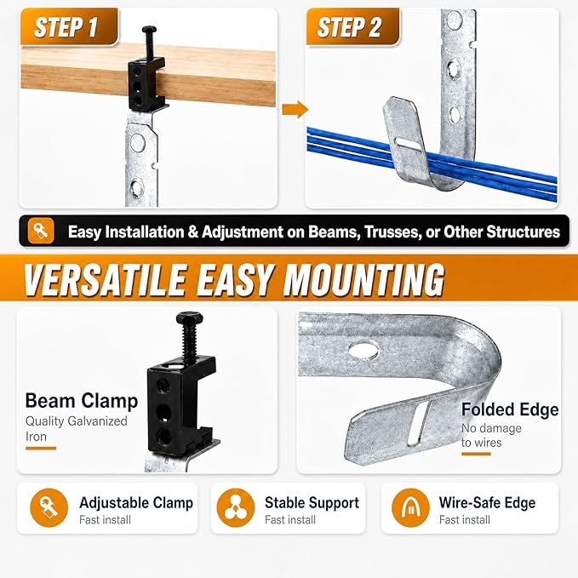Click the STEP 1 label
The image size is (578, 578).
click(x=66, y=27)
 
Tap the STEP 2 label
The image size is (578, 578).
click(x=349, y=27)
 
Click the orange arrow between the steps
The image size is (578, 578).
click(x=295, y=110)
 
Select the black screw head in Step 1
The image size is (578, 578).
click(x=149, y=29)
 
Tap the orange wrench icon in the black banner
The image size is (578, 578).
click(x=41, y=232)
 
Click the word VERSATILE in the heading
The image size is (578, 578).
click(x=105, y=279)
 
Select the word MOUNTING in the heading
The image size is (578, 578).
click(x=363, y=279)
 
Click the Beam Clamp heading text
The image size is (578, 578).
click(x=82, y=401)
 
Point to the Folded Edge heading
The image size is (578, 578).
click(x=510, y=409)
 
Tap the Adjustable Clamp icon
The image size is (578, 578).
click(x=49, y=507)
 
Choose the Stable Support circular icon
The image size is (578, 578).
click(x=236, y=507)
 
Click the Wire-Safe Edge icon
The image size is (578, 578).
click(x=410, y=507)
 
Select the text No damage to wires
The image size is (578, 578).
click(x=491, y=435)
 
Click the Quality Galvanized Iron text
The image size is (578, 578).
click(x=77, y=429)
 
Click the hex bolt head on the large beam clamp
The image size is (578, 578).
click(x=188, y=318)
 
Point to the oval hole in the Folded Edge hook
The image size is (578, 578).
click(x=363, y=349)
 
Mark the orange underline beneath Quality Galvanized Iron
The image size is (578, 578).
click(x=41, y=449)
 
